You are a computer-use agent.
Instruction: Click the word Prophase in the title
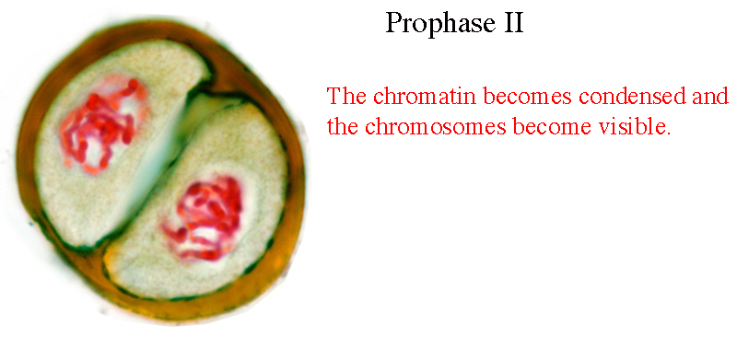click(440, 23)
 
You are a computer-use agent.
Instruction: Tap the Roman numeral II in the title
click(514, 22)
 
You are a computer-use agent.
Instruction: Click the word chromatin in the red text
click(426, 96)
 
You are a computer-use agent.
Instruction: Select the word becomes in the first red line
click(527, 96)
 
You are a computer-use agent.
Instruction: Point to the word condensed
click(633, 96)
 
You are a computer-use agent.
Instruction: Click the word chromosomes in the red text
click(436, 126)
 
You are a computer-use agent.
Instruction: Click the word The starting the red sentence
click(347, 96)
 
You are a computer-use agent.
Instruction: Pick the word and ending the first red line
click(710, 96)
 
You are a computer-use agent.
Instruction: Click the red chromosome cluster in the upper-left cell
click(101, 127)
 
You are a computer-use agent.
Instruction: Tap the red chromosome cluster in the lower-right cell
click(205, 218)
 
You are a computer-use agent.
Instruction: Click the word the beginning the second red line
click(343, 126)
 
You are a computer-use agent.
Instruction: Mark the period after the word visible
click(668, 133)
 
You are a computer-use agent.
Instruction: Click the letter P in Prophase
click(395, 22)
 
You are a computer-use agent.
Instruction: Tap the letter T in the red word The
click(334, 97)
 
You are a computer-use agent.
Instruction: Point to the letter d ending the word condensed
click(680, 96)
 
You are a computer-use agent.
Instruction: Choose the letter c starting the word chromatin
click(379, 99)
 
